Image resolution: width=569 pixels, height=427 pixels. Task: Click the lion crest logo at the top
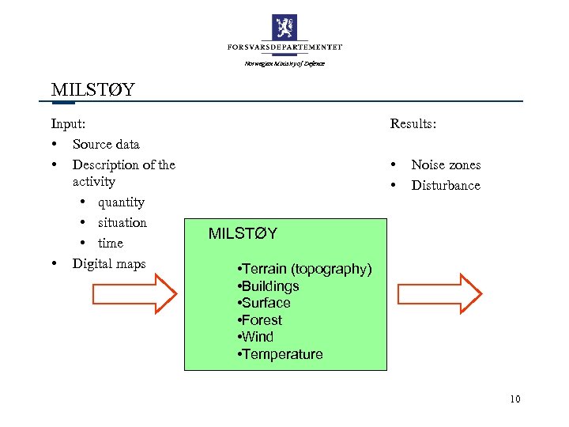[x=284, y=27]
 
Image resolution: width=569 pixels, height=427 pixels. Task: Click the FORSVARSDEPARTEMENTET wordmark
[x=284, y=48]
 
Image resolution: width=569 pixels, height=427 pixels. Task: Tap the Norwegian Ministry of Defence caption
[x=284, y=63]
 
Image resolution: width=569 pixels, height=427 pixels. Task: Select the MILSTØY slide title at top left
[x=92, y=89]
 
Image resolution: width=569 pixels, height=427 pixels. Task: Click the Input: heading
[x=69, y=123]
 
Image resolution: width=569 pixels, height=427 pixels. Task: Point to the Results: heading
[x=413, y=123]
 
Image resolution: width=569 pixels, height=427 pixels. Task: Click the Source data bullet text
[x=106, y=144]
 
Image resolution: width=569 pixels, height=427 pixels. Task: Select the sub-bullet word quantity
[x=121, y=202]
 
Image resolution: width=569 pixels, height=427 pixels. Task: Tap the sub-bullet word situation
[x=122, y=222]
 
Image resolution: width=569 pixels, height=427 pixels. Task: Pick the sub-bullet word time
[x=111, y=243]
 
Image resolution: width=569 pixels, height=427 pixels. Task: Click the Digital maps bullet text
[x=109, y=263]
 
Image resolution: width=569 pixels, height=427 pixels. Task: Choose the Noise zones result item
[x=446, y=164]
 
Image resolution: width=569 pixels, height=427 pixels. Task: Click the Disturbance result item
[x=446, y=185]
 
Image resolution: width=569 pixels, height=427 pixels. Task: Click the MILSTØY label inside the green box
[x=243, y=233]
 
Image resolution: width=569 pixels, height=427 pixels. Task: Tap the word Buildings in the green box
[x=270, y=286]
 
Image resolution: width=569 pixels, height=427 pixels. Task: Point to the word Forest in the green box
[x=262, y=320]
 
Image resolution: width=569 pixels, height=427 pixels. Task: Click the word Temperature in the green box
[x=282, y=354]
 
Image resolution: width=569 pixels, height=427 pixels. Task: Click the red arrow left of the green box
[x=135, y=294]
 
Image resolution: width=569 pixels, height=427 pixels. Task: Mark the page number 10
[x=515, y=399]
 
